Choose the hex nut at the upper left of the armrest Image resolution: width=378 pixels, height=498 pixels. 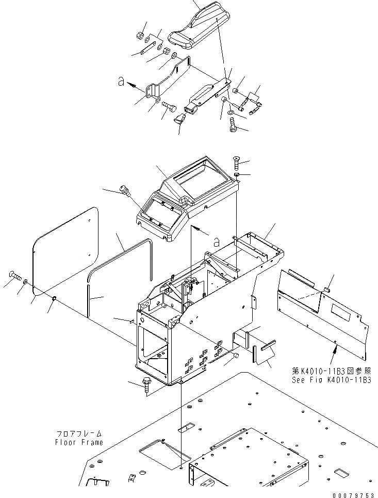point(140,36)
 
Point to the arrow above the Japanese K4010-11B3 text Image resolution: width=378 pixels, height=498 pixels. point(336,352)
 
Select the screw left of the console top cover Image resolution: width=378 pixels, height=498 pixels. point(124,191)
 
